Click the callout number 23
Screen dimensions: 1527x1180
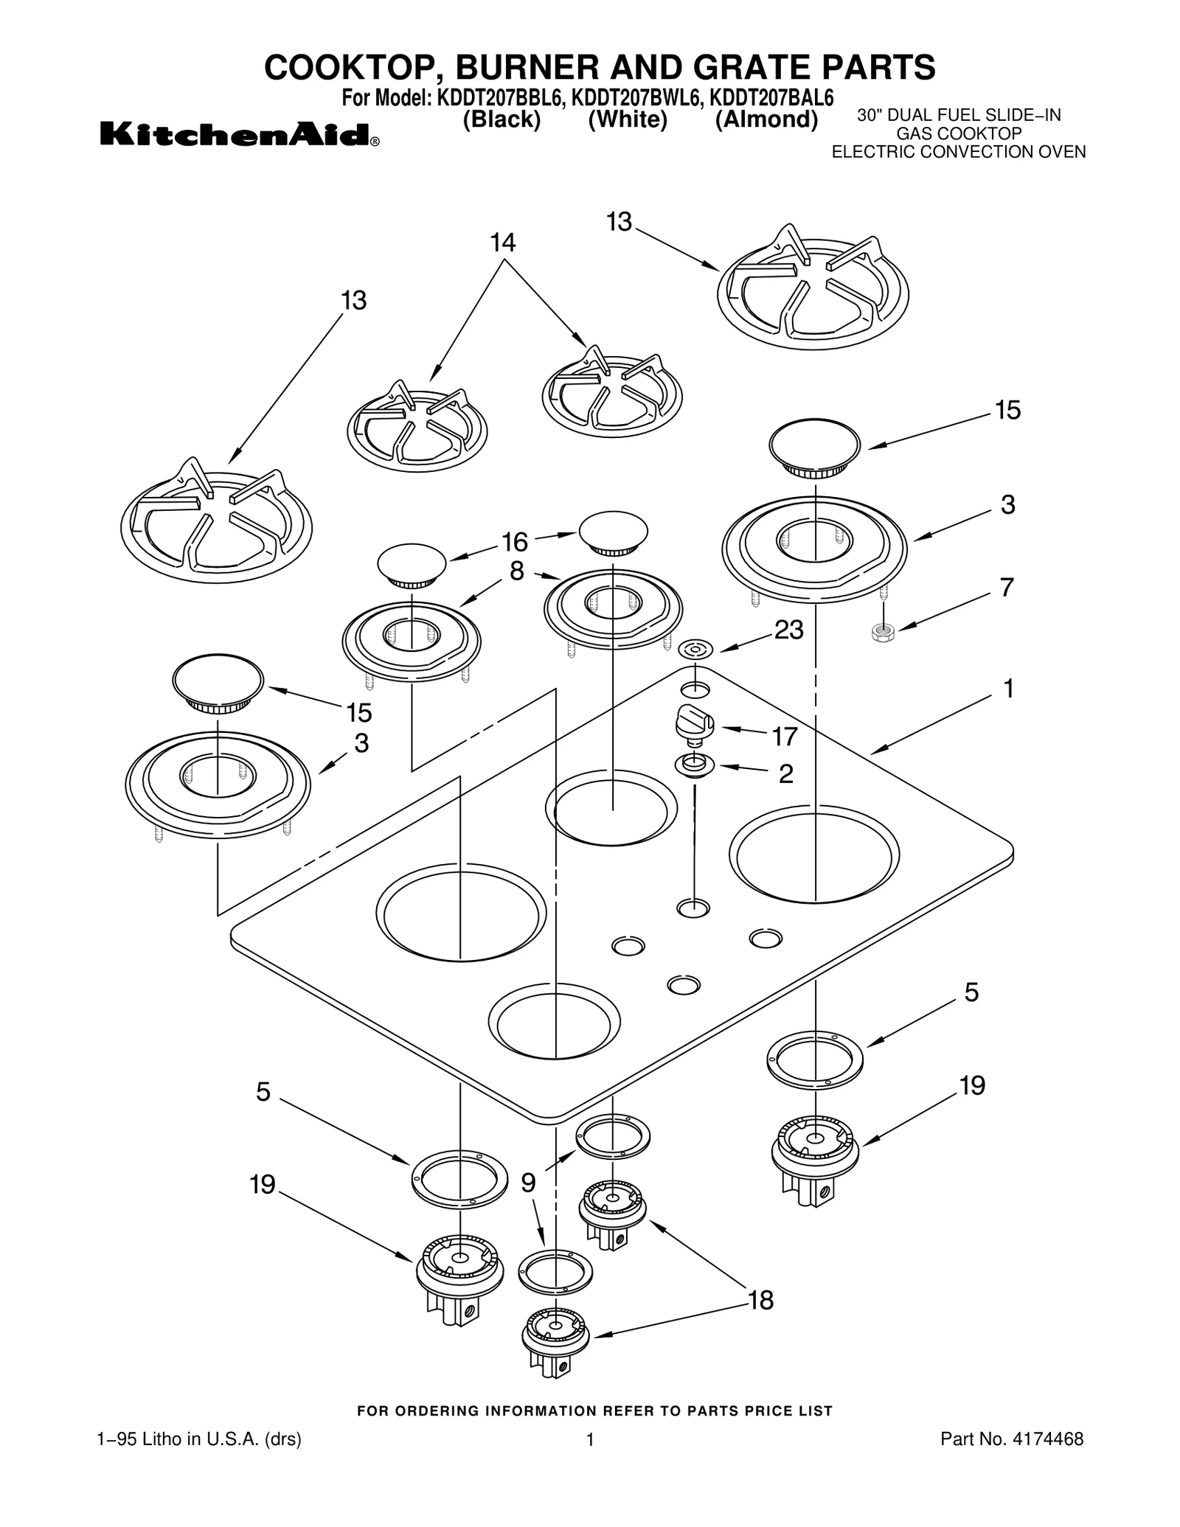(788, 630)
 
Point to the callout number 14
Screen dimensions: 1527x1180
(503, 243)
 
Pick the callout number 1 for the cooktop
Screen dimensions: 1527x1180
(1008, 689)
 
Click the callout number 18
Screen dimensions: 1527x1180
(760, 1301)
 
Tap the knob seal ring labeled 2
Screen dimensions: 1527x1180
(695, 765)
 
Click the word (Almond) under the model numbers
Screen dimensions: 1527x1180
(766, 119)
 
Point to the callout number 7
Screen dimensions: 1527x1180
(1007, 588)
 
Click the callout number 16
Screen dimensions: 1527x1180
(515, 542)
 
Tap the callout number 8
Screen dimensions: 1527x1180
(516, 571)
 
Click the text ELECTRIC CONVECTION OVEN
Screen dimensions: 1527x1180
(958, 152)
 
